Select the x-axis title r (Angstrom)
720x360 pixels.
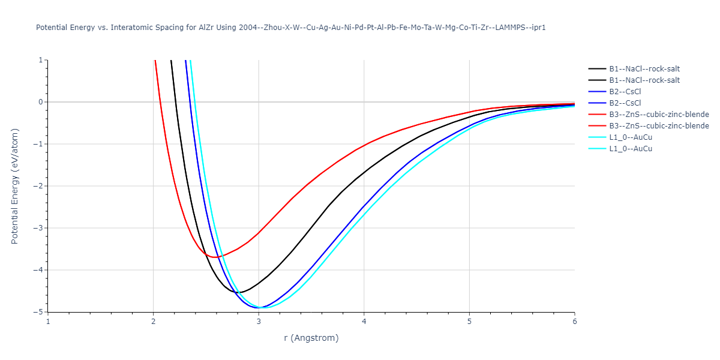311,338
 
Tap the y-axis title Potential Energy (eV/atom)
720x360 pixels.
15,186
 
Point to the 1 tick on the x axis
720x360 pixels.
48,321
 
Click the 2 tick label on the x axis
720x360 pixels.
154,321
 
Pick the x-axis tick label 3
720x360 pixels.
259,321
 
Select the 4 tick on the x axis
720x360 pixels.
364,321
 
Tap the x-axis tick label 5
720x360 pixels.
469,321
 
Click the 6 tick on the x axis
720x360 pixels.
574,321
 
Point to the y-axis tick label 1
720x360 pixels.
40,60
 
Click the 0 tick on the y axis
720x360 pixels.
40,102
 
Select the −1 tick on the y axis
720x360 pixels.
38,144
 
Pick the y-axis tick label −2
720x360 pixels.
38,186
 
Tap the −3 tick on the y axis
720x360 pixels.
38,228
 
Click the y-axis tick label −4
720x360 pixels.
38,270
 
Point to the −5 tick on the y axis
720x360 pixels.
38,312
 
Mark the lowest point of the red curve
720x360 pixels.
215,257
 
